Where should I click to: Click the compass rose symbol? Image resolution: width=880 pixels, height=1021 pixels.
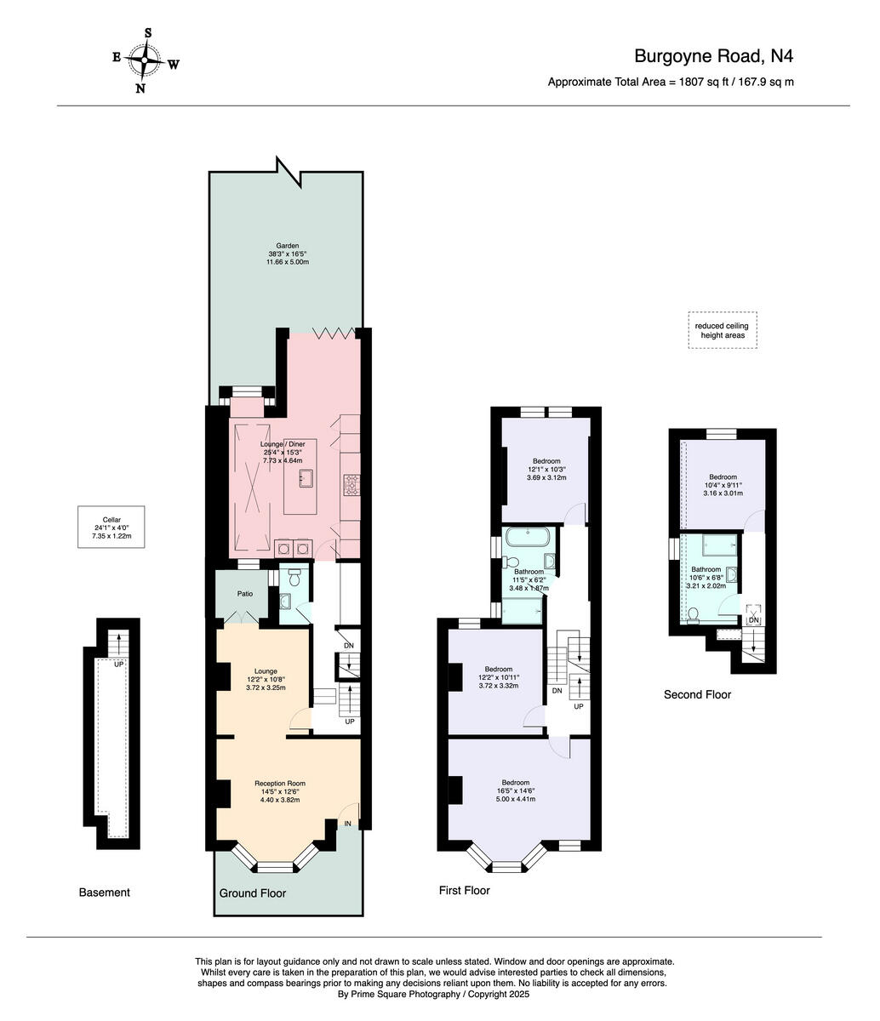click(147, 60)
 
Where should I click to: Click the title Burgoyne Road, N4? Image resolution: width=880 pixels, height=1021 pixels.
click(714, 56)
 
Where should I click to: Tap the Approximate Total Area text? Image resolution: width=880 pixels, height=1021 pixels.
click(671, 83)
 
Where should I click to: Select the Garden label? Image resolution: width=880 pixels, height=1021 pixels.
click(287, 254)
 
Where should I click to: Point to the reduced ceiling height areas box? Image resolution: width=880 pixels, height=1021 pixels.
click(723, 330)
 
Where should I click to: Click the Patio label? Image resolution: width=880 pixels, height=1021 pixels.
click(243, 594)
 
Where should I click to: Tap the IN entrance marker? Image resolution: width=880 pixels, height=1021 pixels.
click(348, 824)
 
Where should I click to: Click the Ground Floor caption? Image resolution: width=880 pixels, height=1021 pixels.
click(253, 893)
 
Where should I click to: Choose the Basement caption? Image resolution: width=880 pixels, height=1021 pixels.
click(104, 893)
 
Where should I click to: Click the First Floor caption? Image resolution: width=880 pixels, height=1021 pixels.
click(464, 891)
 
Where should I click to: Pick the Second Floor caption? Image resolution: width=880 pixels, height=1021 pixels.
click(697, 694)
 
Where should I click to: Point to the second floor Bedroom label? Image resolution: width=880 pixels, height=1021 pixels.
click(723, 485)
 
